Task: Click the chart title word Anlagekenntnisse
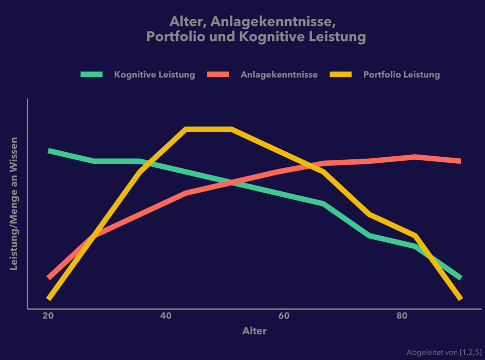pyautogui.click(x=273, y=22)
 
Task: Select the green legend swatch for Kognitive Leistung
pyautogui.click(x=91, y=74)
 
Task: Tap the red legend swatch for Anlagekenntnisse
pyautogui.click(x=218, y=74)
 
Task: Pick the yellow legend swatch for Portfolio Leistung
pyautogui.click(x=341, y=74)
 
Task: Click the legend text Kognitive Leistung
pyautogui.click(x=155, y=75)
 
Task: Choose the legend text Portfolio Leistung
pyautogui.click(x=402, y=75)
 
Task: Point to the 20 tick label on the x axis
pyautogui.click(x=48, y=316)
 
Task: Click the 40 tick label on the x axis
pyautogui.click(x=166, y=316)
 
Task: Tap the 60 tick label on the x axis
pyautogui.click(x=284, y=316)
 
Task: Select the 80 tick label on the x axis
pyautogui.click(x=402, y=316)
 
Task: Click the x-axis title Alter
pyautogui.click(x=254, y=331)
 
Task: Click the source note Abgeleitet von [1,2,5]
pyautogui.click(x=444, y=352)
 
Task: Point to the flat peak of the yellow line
pyautogui.click(x=209, y=129)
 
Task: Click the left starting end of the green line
pyautogui.click(x=49, y=151)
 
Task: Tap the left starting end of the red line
pyautogui.click(x=49, y=277)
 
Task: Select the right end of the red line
pyautogui.click(x=460, y=161)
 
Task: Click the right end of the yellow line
pyautogui.click(x=460, y=298)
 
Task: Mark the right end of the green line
pyautogui.click(x=460, y=278)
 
